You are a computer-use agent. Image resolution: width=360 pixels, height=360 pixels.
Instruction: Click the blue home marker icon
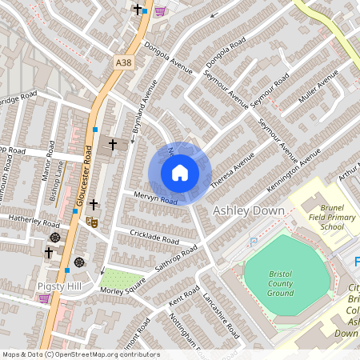coord(180,173)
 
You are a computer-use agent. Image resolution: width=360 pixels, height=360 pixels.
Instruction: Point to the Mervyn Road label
coord(150,197)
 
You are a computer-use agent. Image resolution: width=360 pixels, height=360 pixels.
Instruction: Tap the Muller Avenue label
coord(318,95)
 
